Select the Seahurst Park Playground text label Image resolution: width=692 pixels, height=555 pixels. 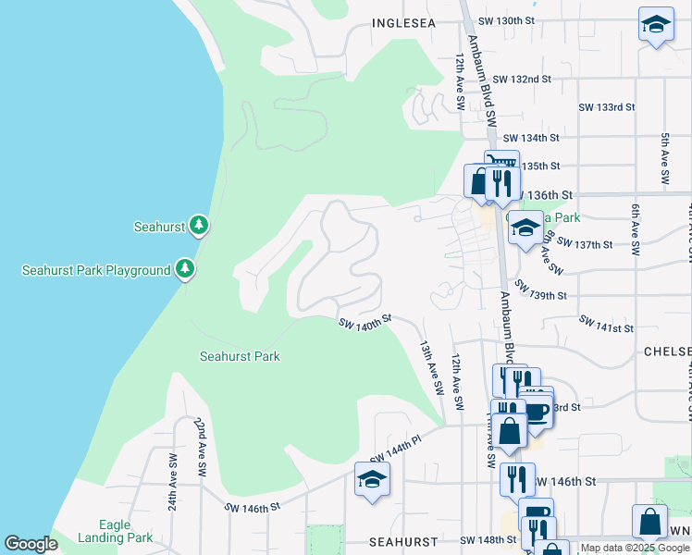tap(96, 270)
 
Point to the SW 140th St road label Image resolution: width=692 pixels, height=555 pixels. tap(365, 322)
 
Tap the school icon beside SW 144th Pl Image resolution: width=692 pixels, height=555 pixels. tap(372, 479)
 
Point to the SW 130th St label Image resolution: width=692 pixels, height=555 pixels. tap(507, 20)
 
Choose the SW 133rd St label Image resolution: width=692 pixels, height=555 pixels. tap(607, 107)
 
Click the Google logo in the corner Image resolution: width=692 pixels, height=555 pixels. tap(31, 544)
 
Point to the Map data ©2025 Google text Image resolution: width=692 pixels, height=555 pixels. tap(634, 548)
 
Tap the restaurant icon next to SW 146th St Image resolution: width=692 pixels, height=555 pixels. tap(517, 479)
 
